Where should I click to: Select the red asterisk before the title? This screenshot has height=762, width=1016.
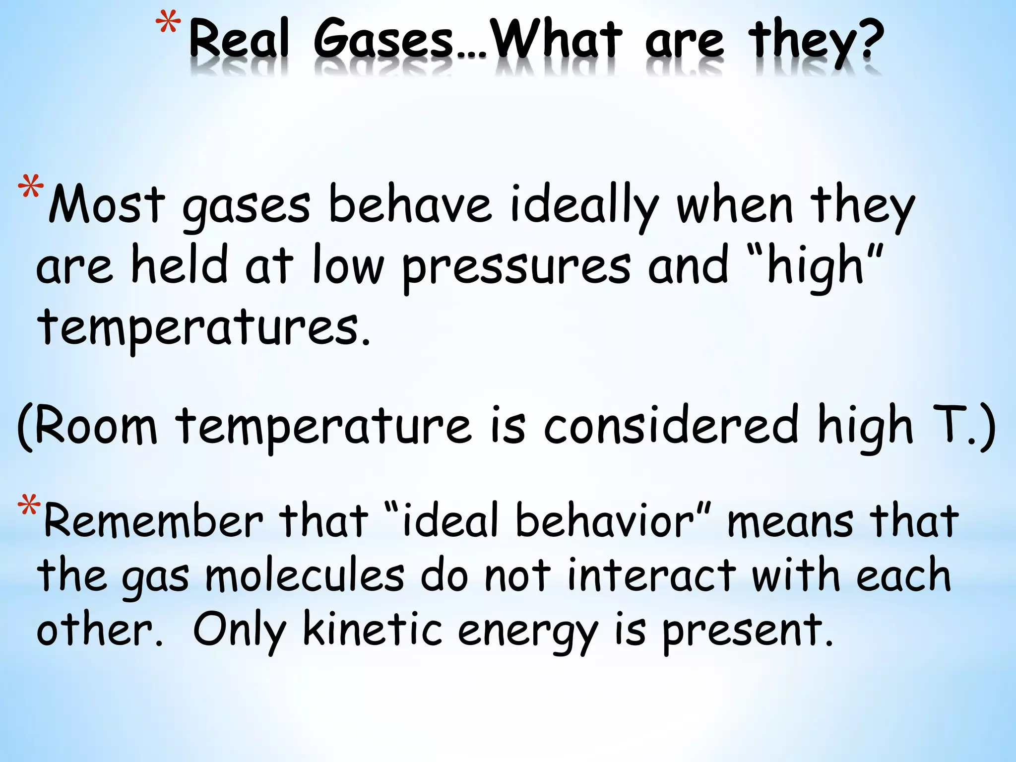pos(168,26)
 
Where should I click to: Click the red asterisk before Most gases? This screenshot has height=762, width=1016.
pos(30,189)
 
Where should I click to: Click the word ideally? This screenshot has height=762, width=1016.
pos(584,206)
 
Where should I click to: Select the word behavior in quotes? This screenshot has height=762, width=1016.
pos(605,520)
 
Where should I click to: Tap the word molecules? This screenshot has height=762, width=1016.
pos(305,575)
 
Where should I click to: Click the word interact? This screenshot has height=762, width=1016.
pos(651,575)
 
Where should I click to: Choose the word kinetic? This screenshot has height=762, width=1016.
pos(372,630)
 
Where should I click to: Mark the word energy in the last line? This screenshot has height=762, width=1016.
pos(527,633)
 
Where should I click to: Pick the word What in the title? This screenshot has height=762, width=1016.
pos(558,40)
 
